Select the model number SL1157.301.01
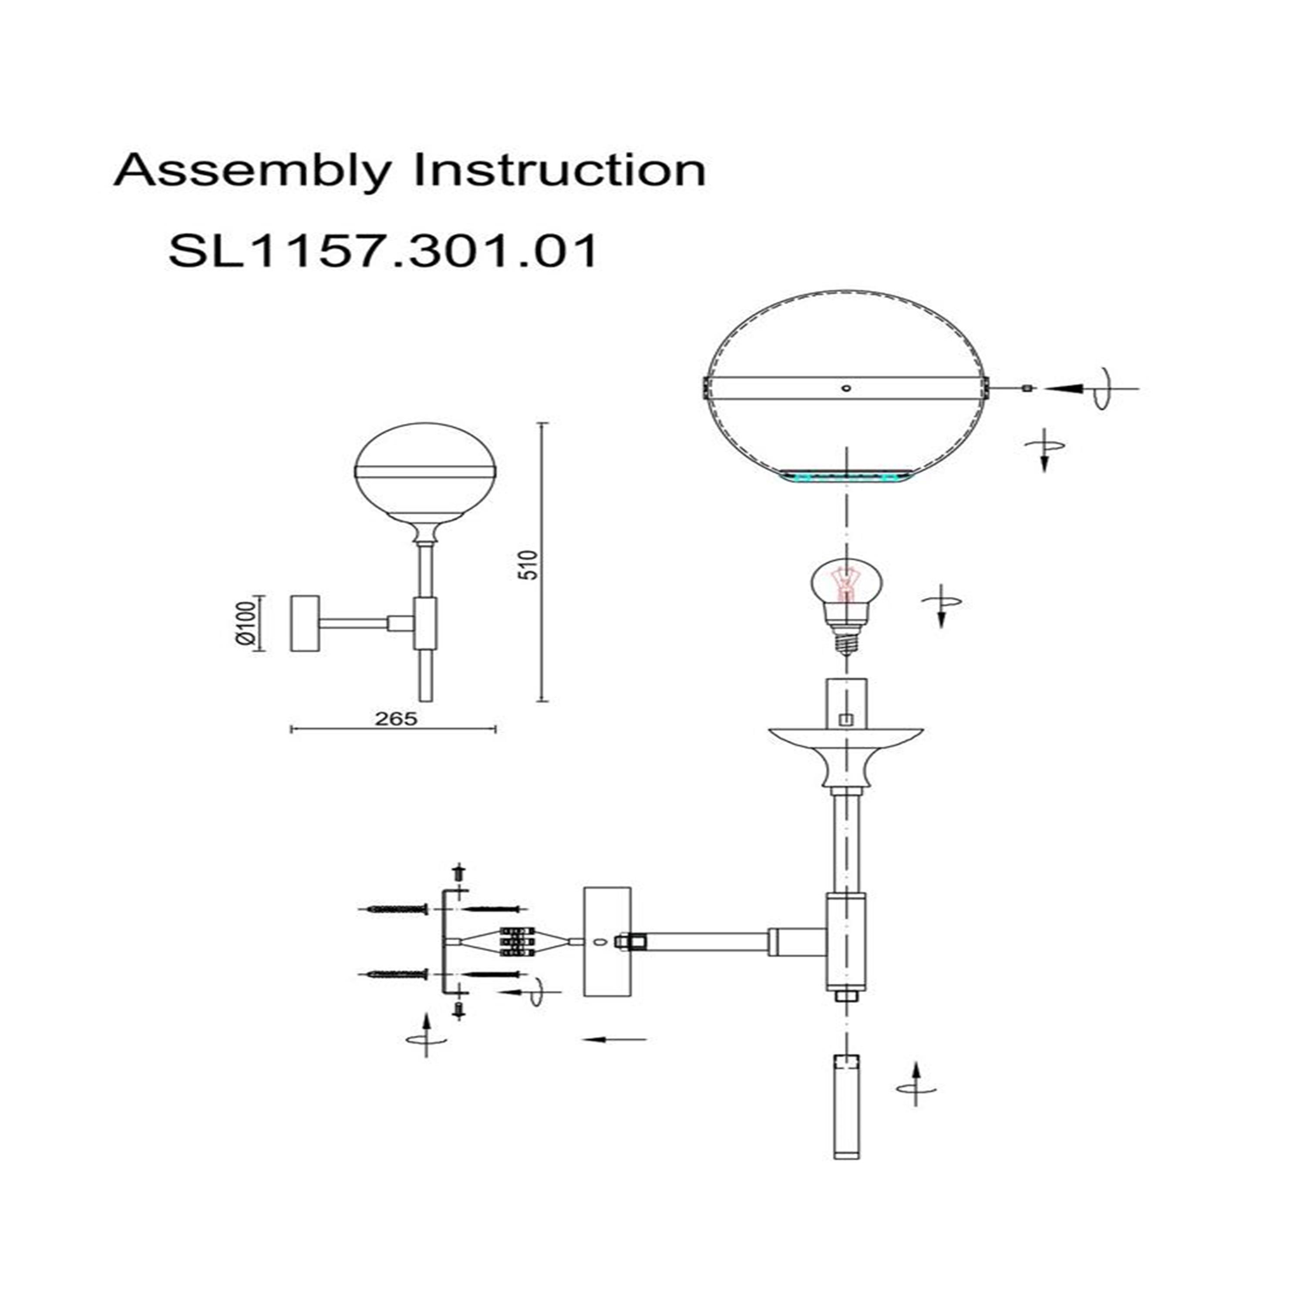(383, 251)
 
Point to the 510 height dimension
(531, 565)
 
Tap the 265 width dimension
(396, 719)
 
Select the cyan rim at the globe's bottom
(845, 477)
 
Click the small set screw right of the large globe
(1027, 388)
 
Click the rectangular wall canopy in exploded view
(607, 942)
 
